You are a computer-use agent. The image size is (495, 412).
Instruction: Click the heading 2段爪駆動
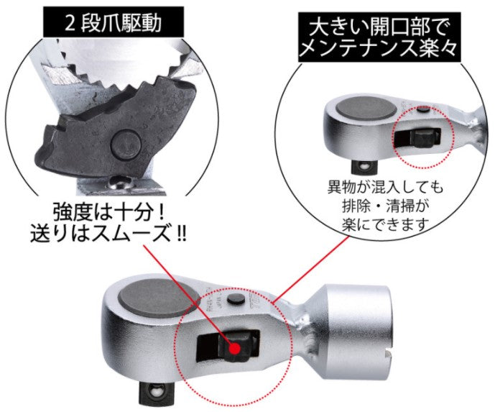pos(114,23)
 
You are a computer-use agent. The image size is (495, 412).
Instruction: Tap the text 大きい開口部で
pos(378,28)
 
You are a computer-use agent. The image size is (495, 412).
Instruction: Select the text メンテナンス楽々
pos(378,49)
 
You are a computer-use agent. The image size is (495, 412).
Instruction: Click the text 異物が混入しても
pos(385,188)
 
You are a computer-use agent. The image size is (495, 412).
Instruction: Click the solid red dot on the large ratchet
pos(234,348)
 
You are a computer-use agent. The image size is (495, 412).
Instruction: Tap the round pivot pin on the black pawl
pos(126,145)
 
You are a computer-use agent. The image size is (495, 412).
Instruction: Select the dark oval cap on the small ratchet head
pos(366,109)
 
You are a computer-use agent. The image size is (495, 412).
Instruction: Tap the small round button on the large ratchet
pos(236,298)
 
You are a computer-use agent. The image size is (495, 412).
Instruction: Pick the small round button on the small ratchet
pos(423,110)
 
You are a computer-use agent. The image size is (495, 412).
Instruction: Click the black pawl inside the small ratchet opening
pos(422,138)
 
